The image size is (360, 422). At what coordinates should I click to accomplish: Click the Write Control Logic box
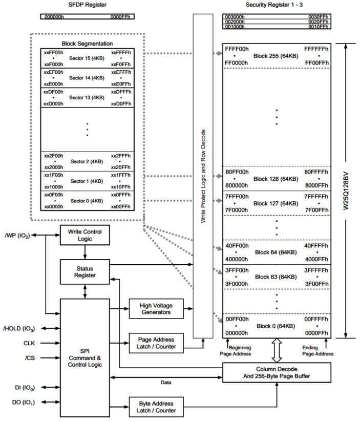point(85,236)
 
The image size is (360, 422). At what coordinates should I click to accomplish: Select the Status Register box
point(85,272)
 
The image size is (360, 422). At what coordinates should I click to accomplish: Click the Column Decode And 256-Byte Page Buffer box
point(277,372)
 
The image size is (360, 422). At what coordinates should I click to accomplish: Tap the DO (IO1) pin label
point(22,403)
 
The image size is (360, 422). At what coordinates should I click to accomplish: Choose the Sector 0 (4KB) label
point(87,200)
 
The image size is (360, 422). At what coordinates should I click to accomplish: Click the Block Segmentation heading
point(87,44)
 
